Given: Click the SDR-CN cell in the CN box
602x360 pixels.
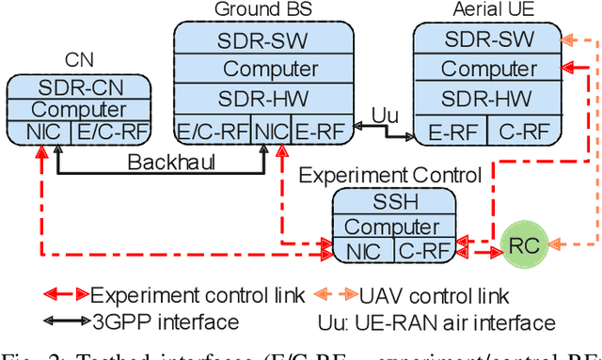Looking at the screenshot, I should (x=80, y=87).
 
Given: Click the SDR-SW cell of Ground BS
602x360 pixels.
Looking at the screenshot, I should (x=263, y=40).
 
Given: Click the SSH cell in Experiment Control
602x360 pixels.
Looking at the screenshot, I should (x=396, y=202).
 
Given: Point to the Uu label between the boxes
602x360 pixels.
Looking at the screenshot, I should (x=385, y=114).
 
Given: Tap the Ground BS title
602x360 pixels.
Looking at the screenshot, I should (x=264, y=10).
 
